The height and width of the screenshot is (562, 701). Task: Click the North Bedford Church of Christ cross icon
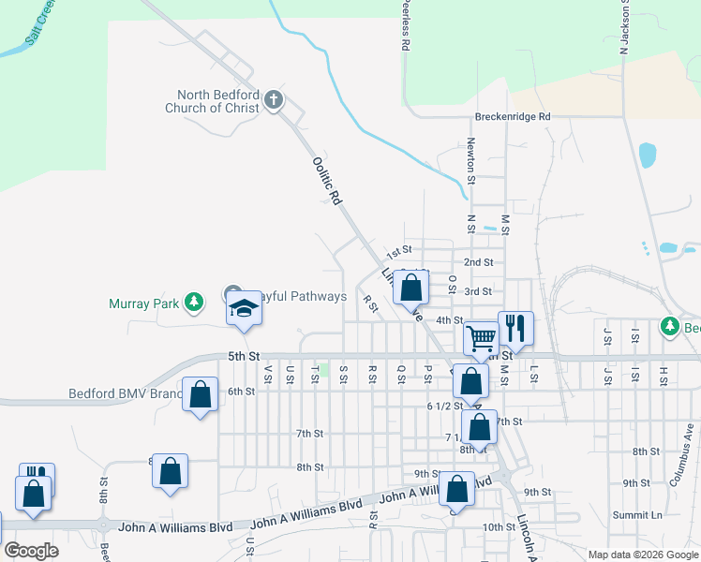click(x=274, y=100)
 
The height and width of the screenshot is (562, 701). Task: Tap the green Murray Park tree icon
click(x=194, y=302)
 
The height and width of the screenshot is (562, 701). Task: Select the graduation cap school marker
click(x=244, y=308)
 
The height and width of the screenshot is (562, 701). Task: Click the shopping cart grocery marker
click(x=481, y=337)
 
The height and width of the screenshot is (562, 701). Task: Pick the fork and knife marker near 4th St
click(x=515, y=327)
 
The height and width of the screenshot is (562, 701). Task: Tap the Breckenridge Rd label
click(x=511, y=117)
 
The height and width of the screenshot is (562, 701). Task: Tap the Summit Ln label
click(x=637, y=515)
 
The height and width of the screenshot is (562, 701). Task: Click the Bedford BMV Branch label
click(x=126, y=394)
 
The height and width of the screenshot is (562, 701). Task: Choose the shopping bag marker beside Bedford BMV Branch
click(x=201, y=394)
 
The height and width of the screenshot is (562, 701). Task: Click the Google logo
click(x=30, y=551)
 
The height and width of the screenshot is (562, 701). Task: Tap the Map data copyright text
click(x=642, y=555)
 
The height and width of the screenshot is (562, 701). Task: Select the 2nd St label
click(x=478, y=262)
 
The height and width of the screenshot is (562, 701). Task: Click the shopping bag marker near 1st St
click(x=410, y=288)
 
